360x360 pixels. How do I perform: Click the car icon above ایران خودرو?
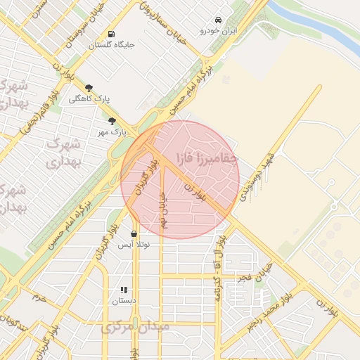pos(219,20)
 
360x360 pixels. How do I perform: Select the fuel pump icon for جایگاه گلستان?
pos(111,34)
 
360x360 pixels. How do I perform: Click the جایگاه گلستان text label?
pos(111,45)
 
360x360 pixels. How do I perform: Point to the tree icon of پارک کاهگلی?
pos(89,88)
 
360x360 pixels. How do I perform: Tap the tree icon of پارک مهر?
pos(112,121)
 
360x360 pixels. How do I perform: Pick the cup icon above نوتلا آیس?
pos(134,233)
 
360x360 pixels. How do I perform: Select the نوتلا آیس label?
pos(134,245)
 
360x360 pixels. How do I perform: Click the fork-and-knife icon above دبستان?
pos(124,289)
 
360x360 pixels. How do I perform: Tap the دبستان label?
pos(124,300)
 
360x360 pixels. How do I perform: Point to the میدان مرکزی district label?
pos(135,328)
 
